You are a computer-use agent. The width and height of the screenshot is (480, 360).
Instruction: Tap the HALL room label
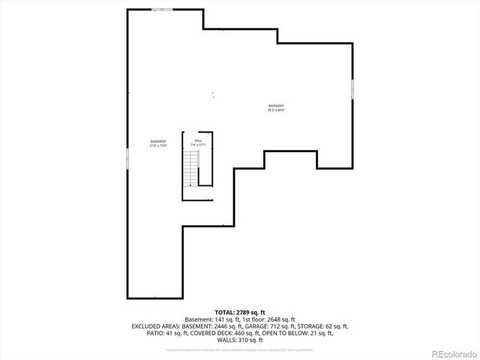point(199,140)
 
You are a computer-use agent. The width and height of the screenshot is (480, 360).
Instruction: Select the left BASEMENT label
point(157,142)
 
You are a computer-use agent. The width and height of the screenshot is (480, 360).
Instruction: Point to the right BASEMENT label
point(277,106)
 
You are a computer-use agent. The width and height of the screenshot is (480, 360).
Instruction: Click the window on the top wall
point(162,9)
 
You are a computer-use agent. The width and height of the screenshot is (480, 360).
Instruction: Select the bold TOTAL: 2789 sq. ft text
point(240,312)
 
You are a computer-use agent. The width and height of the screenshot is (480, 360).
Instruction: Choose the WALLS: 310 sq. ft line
point(240,340)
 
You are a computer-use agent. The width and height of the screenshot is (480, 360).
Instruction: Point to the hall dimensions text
point(199,145)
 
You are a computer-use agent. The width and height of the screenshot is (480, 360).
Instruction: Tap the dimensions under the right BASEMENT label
point(277,110)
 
